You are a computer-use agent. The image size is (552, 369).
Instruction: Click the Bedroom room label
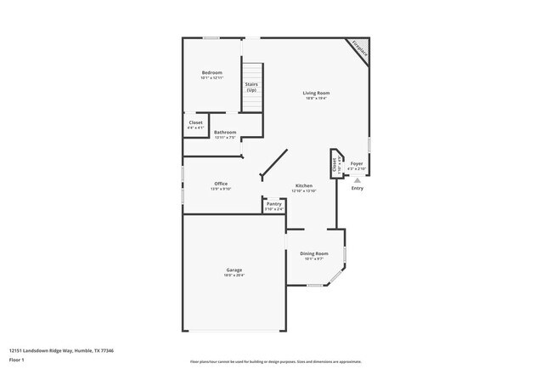click(x=211, y=73)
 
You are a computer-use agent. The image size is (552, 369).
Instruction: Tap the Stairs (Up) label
click(x=251, y=87)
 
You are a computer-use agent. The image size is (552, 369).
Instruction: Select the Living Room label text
click(x=317, y=93)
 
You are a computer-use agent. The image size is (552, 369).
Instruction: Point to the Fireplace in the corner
click(x=359, y=50)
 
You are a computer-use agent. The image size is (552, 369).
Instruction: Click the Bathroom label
click(x=225, y=132)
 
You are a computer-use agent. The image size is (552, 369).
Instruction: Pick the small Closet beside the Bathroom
click(x=195, y=124)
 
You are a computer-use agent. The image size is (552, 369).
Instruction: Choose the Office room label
click(x=221, y=184)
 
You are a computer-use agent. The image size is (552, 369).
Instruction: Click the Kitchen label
click(x=304, y=185)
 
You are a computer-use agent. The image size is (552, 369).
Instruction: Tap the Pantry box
click(x=273, y=205)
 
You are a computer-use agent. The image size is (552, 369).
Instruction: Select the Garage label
click(x=234, y=270)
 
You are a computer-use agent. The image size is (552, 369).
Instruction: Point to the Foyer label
click(x=358, y=163)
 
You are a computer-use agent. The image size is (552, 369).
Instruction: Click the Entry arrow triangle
click(x=358, y=180)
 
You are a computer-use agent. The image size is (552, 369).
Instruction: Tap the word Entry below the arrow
click(x=358, y=188)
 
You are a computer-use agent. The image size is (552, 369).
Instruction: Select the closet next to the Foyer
click(x=335, y=163)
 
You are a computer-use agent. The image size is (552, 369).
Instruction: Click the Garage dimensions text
click(x=234, y=275)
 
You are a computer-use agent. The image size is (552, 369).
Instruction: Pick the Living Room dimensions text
click(x=317, y=99)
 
